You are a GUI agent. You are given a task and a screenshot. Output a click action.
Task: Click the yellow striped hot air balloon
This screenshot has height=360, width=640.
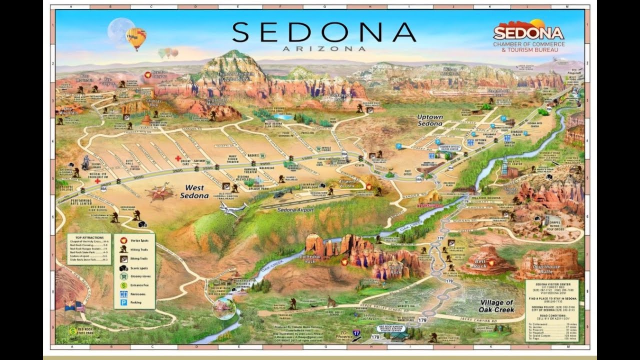coord(135,38)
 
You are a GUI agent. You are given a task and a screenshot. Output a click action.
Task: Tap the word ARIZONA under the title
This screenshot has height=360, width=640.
coord(323,48)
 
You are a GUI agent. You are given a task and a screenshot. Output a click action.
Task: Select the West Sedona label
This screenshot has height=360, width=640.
coord(194,192)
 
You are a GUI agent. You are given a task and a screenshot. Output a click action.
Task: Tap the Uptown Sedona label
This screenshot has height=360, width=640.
coord(430,120)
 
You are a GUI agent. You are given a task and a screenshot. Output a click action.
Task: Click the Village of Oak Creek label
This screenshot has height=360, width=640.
coord(497,306)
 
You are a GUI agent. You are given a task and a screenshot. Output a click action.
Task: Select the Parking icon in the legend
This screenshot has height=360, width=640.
coord(123,302)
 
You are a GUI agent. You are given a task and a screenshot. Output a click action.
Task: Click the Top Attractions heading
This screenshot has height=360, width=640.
coord(89,237)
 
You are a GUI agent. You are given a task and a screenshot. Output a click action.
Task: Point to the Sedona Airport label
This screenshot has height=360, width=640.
coord(296,210)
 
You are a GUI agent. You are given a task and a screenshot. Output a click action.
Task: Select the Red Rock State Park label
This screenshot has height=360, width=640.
coord(85,331)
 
